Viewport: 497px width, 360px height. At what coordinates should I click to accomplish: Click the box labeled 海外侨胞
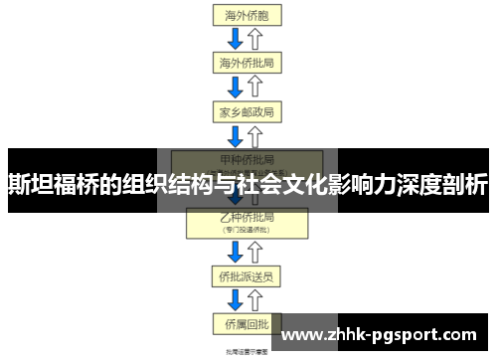(x=247, y=16)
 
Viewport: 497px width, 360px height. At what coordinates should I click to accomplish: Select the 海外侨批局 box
(x=247, y=63)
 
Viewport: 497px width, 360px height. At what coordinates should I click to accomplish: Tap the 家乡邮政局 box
(x=247, y=110)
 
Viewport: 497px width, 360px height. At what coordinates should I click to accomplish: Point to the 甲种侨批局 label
(x=247, y=158)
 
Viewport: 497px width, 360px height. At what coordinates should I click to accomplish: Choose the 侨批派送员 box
(x=247, y=275)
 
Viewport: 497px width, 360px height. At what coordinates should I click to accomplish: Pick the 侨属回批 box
(x=247, y=323)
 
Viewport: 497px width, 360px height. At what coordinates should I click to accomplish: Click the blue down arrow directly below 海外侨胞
(x=237, y=40)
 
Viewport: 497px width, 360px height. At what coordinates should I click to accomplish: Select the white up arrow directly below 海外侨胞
(x=256, y=40)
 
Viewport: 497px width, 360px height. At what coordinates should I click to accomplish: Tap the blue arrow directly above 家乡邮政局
(x=237, y=87)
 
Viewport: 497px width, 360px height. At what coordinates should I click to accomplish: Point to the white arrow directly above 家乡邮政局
(x=256, y=87)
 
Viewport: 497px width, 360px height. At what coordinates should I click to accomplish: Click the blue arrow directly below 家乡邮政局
(x=237, y=134)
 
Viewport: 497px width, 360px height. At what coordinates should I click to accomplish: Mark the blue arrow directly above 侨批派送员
(x=237, y=252)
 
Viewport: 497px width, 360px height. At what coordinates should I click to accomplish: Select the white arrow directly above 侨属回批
(x=256, y=299)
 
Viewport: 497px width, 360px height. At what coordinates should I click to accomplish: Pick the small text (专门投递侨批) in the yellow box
(x=247, y=229)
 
